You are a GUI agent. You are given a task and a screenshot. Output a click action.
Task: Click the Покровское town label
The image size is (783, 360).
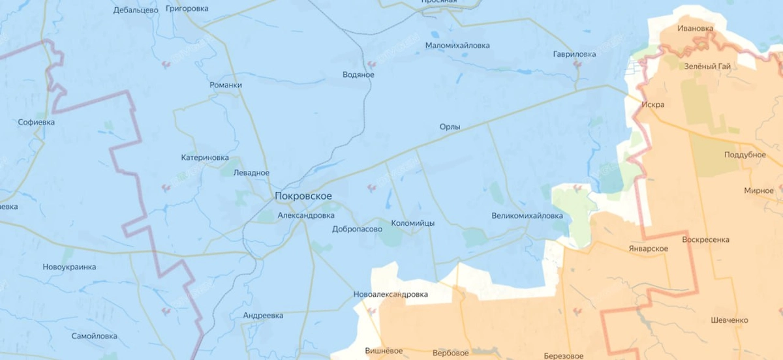tap(303, 196)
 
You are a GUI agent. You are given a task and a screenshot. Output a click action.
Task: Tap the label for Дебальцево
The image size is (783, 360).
tap(136, 10)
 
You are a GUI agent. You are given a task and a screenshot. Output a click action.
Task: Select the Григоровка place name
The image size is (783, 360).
tap(187, 8)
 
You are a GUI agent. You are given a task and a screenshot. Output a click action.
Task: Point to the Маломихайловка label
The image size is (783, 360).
tap(457, 46)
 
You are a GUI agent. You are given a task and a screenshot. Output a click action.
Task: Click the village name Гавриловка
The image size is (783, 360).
tap(574, 54)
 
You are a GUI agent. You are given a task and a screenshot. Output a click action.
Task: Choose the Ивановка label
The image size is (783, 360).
tap(696, 28)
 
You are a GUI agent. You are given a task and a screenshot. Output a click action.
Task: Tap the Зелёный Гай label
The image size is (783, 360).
tap(707, 67)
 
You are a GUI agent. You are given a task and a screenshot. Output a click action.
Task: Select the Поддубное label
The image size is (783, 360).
tap(745, 155)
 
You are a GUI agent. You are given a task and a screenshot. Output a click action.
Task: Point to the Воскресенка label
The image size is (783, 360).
tap(705, 239)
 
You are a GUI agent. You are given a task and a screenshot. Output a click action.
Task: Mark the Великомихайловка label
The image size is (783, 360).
tap(527, 216)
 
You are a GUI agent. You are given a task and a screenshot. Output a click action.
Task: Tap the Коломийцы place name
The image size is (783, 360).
tap(412, 223)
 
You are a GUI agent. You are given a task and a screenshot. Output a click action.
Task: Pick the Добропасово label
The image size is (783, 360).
tap(357, 229)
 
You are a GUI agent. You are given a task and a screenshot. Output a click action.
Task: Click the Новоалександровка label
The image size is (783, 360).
tap(390, 294)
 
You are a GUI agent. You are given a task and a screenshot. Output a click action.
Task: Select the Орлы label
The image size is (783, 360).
tap(450, 127)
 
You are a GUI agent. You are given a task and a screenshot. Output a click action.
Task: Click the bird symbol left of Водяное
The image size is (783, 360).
tap(373, 64)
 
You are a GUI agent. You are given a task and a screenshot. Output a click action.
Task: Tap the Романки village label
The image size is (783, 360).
tap(226, 85)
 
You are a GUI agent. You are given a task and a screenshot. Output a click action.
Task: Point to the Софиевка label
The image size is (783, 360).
tap(37, 122)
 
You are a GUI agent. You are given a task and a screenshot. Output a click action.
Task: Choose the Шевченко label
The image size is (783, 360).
tap(729, 320)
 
